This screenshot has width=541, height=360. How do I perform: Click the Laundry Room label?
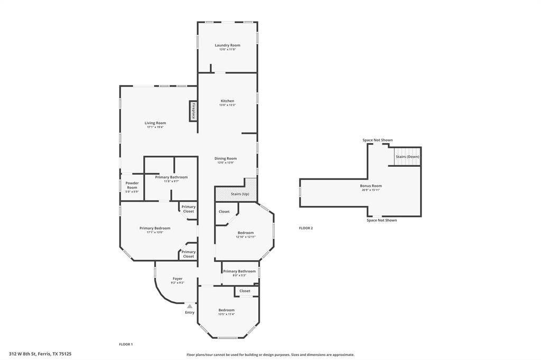(x=227, y=45)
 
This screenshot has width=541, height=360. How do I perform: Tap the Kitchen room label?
(x=227, y=101)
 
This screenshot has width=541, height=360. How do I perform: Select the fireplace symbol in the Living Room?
(x=193, y=111)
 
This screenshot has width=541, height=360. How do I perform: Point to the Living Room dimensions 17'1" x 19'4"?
(x=155, y=127)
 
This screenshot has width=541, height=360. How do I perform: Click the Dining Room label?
(x=226, y=158)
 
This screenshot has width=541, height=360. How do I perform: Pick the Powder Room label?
(x=132, y=185)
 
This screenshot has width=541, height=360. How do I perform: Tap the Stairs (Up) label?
(x=240, y=194)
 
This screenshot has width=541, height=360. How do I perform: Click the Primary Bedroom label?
(x=155, y=228)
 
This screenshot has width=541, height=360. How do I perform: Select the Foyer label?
(x=178, y=279)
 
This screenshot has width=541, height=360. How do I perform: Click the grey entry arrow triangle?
(x=190, y=306)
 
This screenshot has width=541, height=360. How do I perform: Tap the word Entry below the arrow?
(x=190, y=312)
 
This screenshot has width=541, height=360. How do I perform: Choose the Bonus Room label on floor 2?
(x=370, y=186)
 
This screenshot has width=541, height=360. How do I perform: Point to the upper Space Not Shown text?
(x=377, y=140)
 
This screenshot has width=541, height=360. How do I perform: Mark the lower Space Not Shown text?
(x=381, y=220)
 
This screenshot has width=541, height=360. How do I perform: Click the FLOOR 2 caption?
(x=306, y=228)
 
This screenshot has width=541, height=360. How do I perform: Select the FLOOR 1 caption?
(x=125, y=344)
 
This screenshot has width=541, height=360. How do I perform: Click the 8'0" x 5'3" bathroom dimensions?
(x=239, y=276)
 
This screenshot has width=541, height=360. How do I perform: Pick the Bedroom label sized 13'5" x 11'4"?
(x=227, y=310)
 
